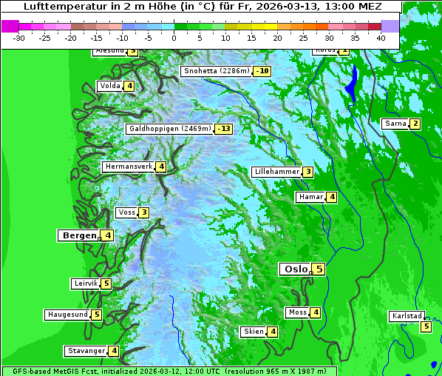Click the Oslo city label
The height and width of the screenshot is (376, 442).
click(294, 269)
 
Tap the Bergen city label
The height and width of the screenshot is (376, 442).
click(78, 235)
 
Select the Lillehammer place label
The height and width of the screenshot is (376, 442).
click(276, 172)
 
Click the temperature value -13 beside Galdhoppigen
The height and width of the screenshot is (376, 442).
click(224, 129)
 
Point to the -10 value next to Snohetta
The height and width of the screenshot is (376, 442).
click(262, 72)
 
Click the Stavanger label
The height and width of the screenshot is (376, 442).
click(85, 351)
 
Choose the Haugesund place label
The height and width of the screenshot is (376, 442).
click(67, 315)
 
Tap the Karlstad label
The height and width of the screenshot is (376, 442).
click(407, 316)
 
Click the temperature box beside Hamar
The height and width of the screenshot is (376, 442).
click(332, 197)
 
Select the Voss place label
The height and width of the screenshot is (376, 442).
click(126, 213)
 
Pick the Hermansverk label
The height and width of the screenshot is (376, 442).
click(128, 167)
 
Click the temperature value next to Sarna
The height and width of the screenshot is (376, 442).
click(415, 124)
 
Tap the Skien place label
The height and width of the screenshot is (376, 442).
click(253, 332)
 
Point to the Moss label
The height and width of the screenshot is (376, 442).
click(297, 313)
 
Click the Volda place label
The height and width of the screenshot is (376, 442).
click(109, 86)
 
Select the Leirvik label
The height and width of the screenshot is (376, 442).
click(85, 283)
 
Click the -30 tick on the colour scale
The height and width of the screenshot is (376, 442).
click(19, 38)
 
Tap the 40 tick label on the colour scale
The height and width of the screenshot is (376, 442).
click(381, 38)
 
